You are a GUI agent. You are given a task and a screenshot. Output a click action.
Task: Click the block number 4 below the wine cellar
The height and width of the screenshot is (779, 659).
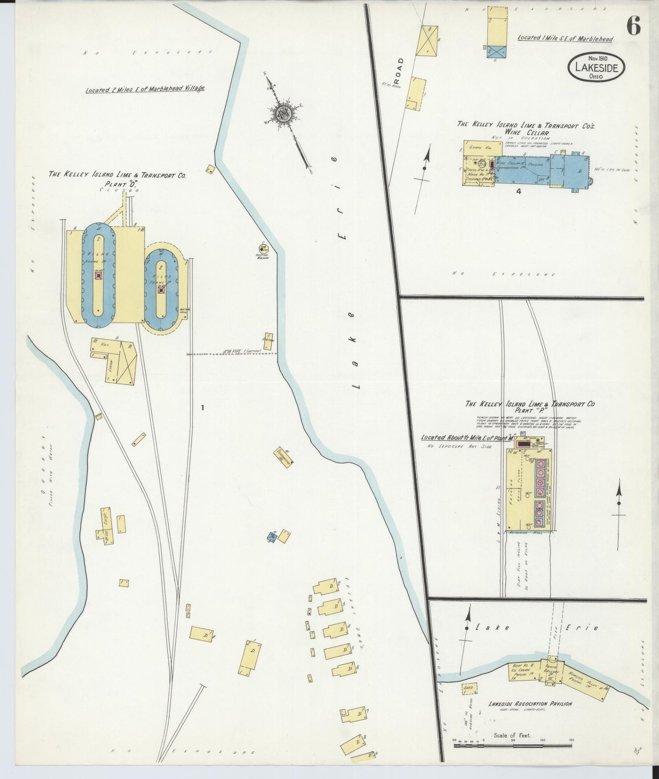519,191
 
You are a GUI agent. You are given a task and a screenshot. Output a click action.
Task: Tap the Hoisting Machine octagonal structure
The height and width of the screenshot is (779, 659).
263,248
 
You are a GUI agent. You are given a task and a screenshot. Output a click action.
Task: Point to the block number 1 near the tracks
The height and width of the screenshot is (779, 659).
202,408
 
